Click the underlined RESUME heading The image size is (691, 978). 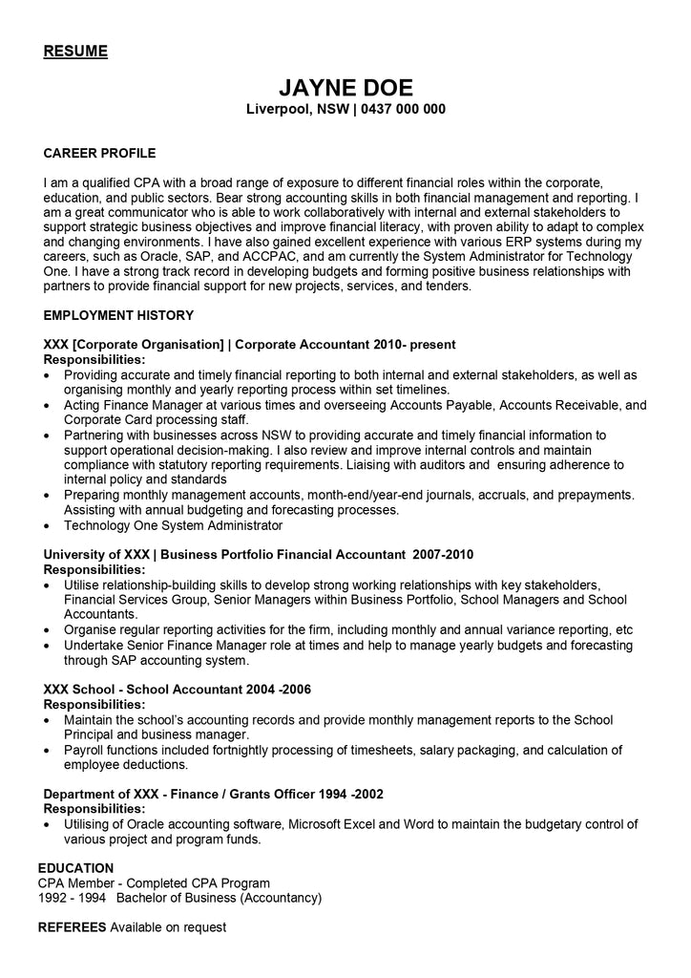(x=75, y=51)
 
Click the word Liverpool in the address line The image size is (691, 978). (x=277, y=110)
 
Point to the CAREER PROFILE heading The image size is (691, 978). (x=99, y=153)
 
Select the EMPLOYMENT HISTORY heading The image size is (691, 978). (x=118, y=315)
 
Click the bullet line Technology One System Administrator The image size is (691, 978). (x=173, y=525)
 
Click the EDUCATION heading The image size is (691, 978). (x=75, y=868)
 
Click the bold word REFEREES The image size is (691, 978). (x=72, y=927)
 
